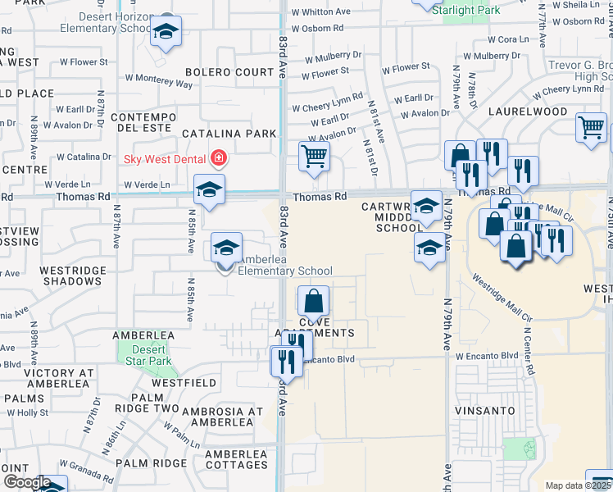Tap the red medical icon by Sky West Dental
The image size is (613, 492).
218,157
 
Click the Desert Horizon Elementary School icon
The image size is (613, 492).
166,32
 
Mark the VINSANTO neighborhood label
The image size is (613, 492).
486,410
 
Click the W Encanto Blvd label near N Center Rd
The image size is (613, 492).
488,356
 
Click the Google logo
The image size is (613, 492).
27,483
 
